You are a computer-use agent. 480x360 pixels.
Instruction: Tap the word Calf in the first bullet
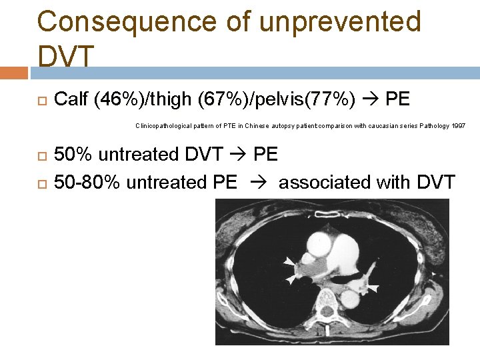point(71,100)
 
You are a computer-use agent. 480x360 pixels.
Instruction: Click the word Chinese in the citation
point(257,125)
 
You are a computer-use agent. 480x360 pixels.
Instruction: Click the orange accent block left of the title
point(14,73)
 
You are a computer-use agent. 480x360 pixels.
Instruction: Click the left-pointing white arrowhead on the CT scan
point(373,289)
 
